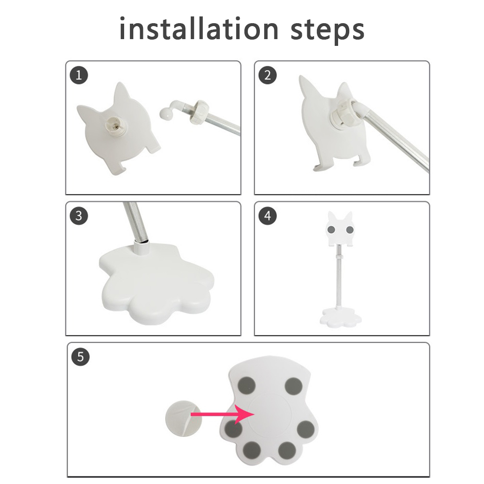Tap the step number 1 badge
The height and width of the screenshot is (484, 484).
coord(79,75)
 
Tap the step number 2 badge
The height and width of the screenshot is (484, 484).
coord(267,75)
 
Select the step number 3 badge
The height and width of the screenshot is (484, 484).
coord(79,216)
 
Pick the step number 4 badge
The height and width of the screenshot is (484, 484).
coord(267,216)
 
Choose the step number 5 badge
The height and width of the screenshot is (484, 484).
coord(80,357)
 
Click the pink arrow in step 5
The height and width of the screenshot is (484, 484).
coord(222,414)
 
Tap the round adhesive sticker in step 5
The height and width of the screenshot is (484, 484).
coord(184,418)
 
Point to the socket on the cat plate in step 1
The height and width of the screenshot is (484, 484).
coord(114,125)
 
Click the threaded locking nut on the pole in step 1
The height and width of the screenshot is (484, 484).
coord(199,112)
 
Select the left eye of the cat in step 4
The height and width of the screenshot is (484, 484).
coord(331,229)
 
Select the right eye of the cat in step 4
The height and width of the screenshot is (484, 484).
coord(350,229)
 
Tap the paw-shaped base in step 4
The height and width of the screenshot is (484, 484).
coord(341,318)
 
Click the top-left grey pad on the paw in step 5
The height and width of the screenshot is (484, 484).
coord(247,386)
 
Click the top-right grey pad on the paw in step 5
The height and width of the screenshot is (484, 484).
coord(293,386)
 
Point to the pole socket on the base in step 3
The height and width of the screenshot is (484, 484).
coord(142,247)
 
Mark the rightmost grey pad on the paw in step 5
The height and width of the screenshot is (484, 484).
coord(306,429)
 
